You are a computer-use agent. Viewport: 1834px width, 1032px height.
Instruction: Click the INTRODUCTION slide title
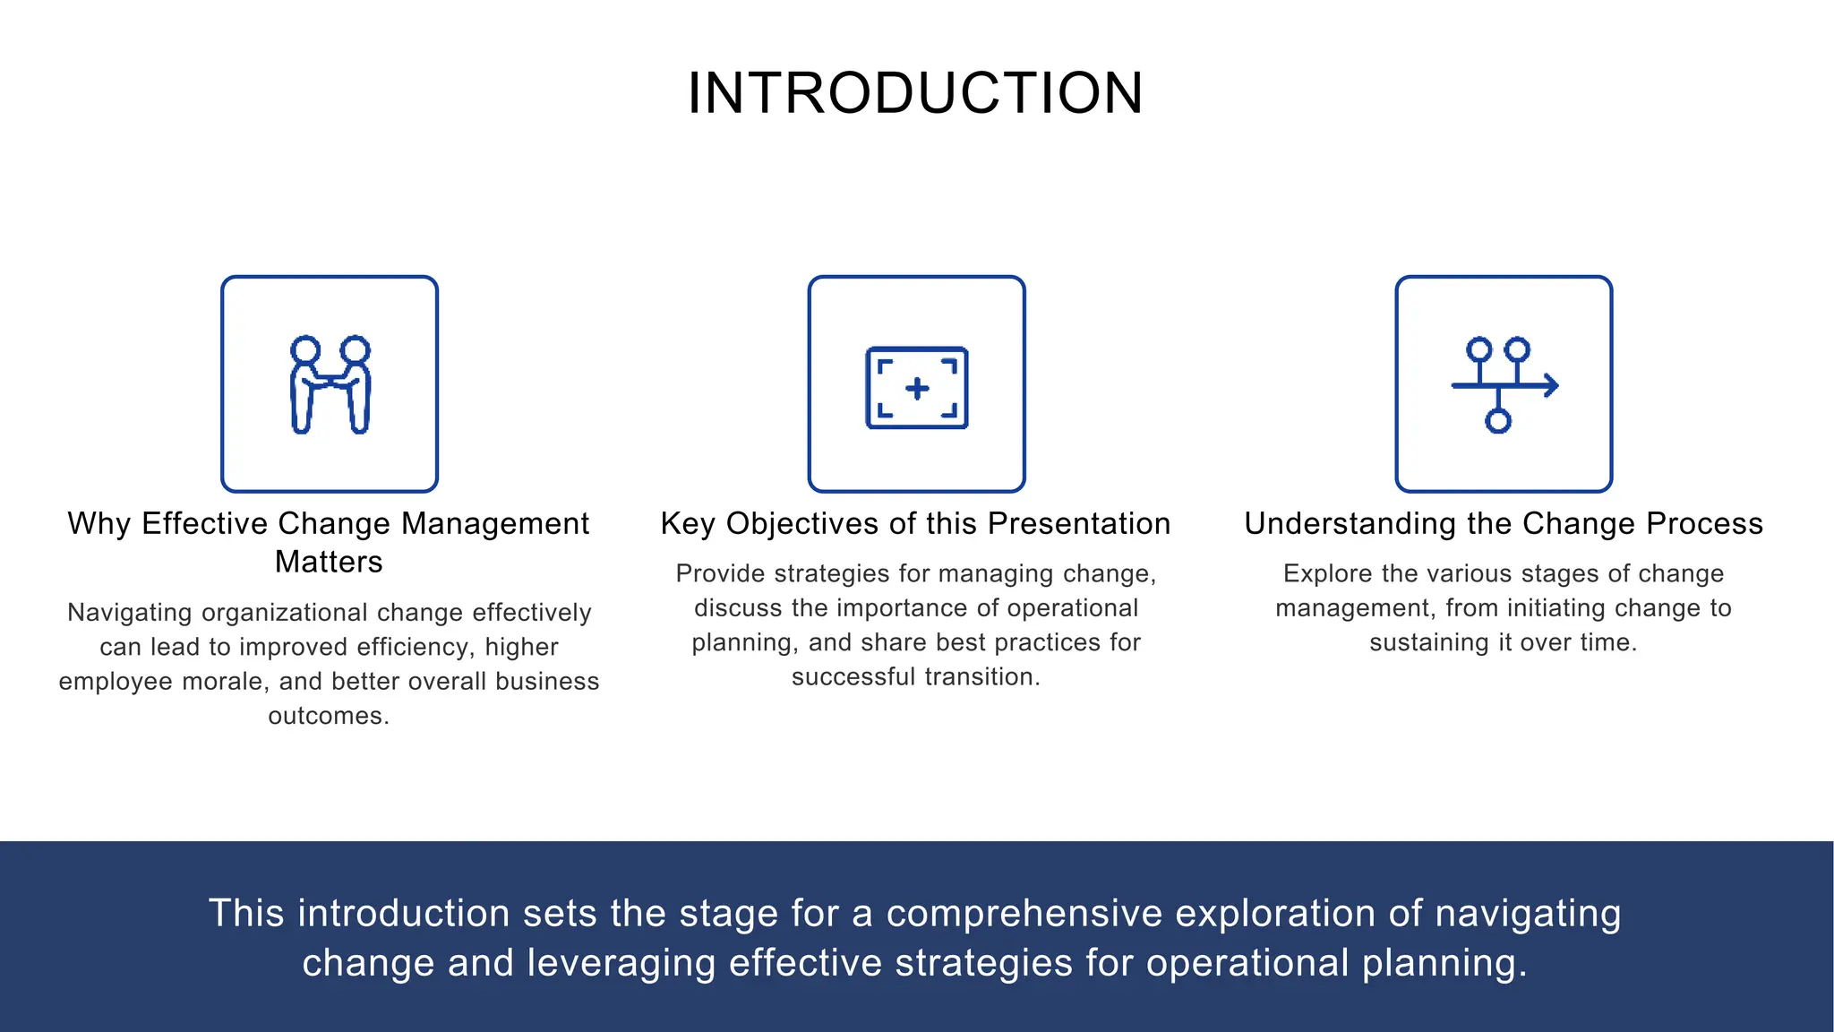(915, 93)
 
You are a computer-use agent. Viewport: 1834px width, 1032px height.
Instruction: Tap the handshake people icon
(330, 385)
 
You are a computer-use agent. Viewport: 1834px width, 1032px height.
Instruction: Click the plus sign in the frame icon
(917, 389)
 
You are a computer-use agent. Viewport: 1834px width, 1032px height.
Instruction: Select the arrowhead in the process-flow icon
(1551, 385)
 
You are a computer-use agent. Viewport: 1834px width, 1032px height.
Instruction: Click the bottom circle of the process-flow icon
(1498, 420)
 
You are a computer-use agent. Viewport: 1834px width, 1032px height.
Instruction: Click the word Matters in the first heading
(329, 562)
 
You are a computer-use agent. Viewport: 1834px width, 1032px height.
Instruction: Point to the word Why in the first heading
(99, 523)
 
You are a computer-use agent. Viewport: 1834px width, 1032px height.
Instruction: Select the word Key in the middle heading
(687, 523)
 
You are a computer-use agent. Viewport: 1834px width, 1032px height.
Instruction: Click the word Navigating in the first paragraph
(129, 613)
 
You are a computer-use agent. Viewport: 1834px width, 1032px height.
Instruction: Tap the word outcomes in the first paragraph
(328, 716)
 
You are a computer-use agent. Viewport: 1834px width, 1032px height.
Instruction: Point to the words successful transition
(915, 676)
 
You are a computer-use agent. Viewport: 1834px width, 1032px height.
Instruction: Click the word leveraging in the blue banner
(621, 963)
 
